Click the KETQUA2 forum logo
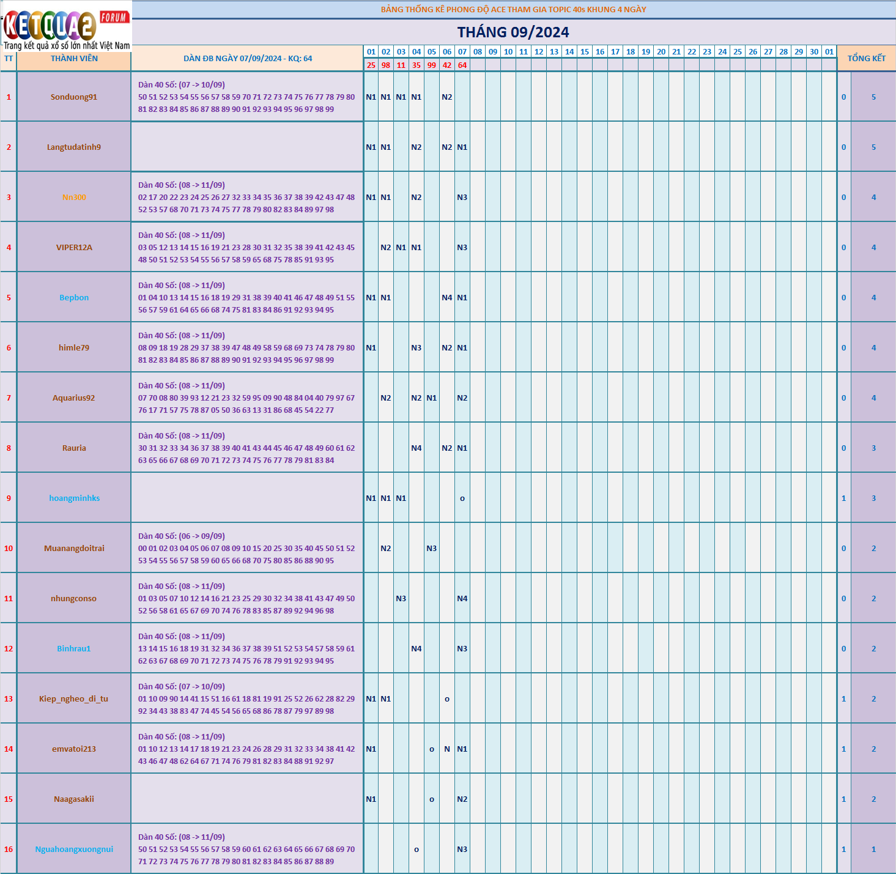coord(66,26)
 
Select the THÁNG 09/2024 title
coord(513,32)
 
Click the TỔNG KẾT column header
coord(866,58)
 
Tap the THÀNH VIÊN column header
coord(74,59)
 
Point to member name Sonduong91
coord(74,97)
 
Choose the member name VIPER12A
coord(74,248)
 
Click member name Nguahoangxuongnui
coord(74,850)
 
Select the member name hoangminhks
coord(74,498)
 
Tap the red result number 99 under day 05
coord(432,65)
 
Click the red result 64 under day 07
coord(462,65)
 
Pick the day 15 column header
coord(585,52)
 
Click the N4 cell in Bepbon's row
coord(447,298)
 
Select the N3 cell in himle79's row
coord(417,348)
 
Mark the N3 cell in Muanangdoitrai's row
coord(432,549)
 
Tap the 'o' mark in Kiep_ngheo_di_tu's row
coord(447,699)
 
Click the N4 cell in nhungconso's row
coord(462,599)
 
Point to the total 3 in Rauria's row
coord(873,448)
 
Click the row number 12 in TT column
coord(9,649)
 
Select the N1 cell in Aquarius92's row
coord(432,398)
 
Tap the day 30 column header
coord(814,52)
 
